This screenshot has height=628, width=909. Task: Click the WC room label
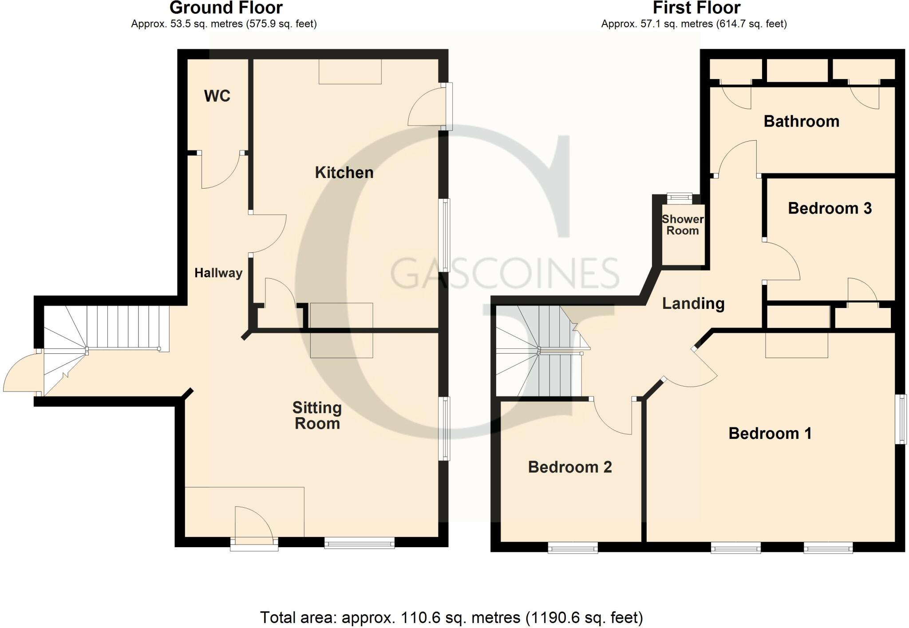(217, 96)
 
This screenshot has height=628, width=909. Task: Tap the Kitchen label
(344, 173)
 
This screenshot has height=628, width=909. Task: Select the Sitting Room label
(317, 415)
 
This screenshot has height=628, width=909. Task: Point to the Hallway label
(218, 273)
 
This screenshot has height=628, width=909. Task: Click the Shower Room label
(683, 225)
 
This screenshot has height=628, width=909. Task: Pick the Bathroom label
(801, 121)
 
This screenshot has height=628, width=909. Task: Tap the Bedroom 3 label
(830, 208)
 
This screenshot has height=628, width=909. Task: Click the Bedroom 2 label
(570, 467)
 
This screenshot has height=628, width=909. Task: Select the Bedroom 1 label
(770, 433)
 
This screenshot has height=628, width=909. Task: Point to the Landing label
(693, 304)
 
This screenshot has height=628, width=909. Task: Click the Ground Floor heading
(226, 8)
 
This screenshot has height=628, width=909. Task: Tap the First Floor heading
(696, 8)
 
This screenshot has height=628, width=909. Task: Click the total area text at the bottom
(451, 617)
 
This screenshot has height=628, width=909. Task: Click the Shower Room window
(680, 197)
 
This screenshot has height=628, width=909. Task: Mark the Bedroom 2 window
(573, 549)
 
